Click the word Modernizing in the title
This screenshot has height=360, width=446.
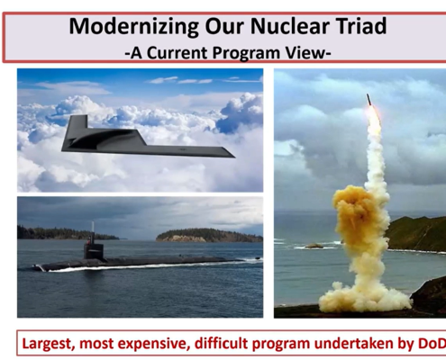point(133,26)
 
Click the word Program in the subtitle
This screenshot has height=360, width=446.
point(247,53)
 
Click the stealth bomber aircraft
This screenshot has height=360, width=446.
point(148,137)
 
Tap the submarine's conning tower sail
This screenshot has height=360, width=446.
point(94,251)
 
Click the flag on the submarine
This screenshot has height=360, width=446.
point(88,240)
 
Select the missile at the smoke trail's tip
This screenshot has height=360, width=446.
point(369,100)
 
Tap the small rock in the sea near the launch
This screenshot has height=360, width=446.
point(314,246)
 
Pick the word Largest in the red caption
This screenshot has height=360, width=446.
point(48,344)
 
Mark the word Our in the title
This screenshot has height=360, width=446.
point(224,26)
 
